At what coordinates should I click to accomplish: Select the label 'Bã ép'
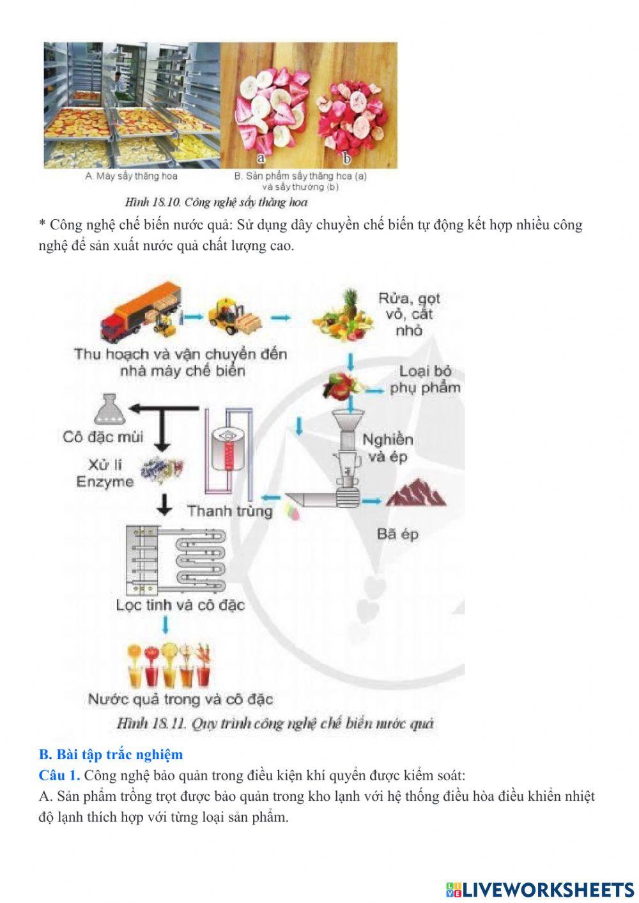pos(397,534)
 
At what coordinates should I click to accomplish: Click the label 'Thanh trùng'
pos(230,511)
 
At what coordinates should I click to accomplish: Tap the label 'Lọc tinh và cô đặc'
pos(180,605)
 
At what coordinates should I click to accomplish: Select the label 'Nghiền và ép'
pos(387,447)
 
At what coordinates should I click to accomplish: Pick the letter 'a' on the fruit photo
pos(261,158)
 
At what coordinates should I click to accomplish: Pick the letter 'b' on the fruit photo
pos(347,158)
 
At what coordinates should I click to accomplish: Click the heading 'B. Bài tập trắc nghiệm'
pos(111,754)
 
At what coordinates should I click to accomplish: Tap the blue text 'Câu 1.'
pos(59,775)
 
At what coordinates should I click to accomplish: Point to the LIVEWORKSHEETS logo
pos(539,889)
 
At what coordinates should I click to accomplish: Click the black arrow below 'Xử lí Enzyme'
pos(164,504)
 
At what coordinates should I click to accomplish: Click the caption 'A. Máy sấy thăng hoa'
pos(132,176)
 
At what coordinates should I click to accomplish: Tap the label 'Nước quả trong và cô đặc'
pos(180,699)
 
